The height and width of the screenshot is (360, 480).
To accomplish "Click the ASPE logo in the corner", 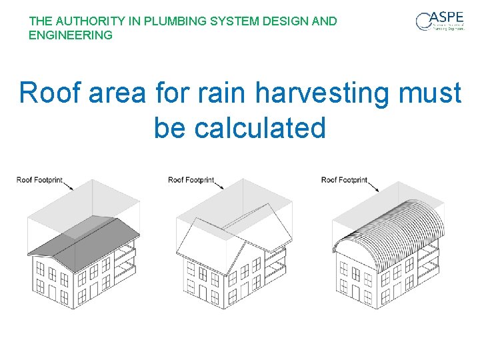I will pos(440,21).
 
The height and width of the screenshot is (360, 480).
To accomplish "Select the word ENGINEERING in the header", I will pos(71,35).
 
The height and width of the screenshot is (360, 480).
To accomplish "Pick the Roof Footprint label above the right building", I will pos(344,180).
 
